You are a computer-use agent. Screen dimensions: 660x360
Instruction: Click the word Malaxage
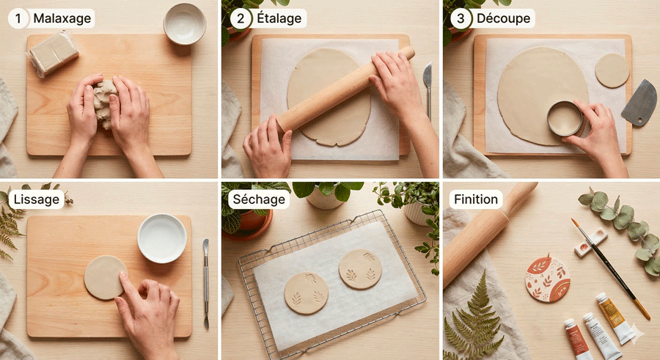62,18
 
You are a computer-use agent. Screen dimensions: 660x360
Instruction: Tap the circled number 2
241,18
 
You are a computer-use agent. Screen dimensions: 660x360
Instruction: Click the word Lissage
37,199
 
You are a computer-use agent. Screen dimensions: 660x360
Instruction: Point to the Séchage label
259,199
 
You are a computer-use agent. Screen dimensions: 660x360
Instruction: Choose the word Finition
476,199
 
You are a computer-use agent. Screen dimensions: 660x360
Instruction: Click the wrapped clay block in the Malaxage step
53,54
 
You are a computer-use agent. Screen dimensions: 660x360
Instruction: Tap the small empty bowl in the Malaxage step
184,23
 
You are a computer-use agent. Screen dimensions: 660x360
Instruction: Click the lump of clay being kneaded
105,103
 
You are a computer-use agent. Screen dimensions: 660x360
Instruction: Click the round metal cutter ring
565,118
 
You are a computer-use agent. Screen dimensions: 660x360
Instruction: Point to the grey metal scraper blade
639,103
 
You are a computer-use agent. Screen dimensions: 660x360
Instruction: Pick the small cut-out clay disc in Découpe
612,70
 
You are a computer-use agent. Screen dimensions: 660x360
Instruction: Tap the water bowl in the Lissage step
162,238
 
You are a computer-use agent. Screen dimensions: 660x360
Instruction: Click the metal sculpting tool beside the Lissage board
206,283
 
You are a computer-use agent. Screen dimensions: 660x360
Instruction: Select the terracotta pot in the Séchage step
249,225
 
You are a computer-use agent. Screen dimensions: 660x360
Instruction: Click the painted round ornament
547,278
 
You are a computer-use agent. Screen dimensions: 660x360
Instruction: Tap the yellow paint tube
614,318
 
